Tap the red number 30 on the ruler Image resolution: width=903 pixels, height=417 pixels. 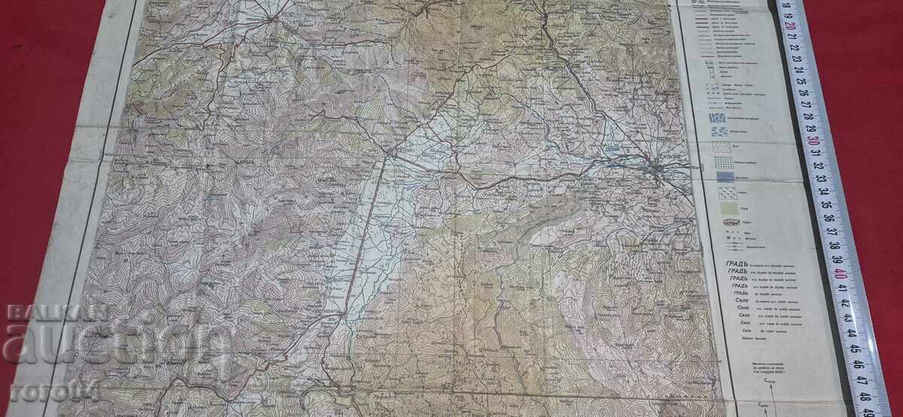[x=813, y=140]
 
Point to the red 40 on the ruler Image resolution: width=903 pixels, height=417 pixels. [x=841, y=272]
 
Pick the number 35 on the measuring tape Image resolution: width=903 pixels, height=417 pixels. [x=827, y=204]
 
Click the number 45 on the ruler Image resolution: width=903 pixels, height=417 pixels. [x=855, y=349]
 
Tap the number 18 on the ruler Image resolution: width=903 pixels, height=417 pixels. [x=786, y=6]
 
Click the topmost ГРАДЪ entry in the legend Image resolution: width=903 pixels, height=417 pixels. [x=737, y=262]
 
